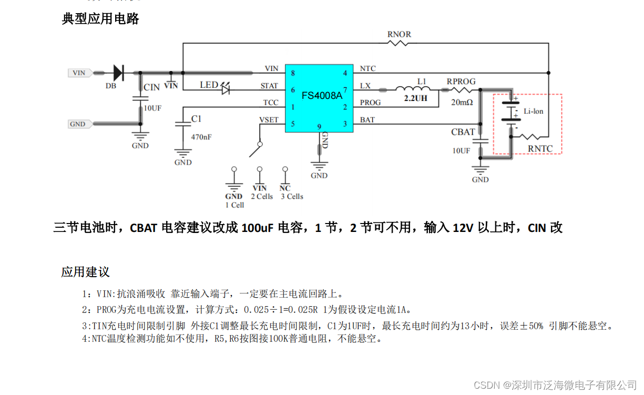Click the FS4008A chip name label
(322, 96)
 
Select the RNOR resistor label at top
(399, 35)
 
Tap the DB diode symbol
(118, 73)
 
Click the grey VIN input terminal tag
(79, 73)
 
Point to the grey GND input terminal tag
(78, 124)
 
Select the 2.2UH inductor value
(415, 98)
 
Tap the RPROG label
(461, 82)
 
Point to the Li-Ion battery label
(533, 112)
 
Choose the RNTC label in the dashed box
(540, 148)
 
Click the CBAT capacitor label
(463, 132)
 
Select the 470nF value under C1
(201, 137)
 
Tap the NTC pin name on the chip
(367, 69)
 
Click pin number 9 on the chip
(319, 127)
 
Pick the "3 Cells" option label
(292, 197)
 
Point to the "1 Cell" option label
(234, 205)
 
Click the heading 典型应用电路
(100, 19)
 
